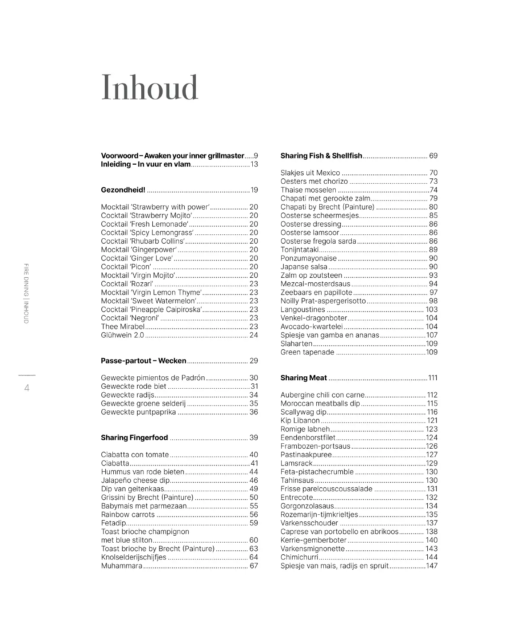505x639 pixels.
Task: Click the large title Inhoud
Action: pyautogui.click(x=150, y=87)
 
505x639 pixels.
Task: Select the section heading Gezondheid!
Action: pyautogui.click(x=123, y=190)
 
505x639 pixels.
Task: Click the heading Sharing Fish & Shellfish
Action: pyautogui.click(x=321, y=156)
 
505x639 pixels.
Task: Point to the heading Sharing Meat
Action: pyautogui.click(x=303, y=378)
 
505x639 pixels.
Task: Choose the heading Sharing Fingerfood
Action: pyautogui.click(x=134, y=438)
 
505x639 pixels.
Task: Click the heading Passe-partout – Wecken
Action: pyautogui.click(x=143, y=361)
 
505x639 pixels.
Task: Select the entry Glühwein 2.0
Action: pyautogui.click(x=122, y=335)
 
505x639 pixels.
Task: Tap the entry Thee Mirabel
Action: pyautogui.click(x=123, y=327)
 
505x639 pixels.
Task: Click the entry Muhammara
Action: pyautogui.click(x=122, y=566)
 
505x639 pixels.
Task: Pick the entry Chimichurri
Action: pyautogui.click(x=299, y=557)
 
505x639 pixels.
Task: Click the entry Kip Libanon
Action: pyautogui.click(x=300, y=420)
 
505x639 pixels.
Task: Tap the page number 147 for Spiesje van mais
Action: pyautogui.click(x=432, y=566)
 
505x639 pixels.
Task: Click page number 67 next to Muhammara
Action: pyautogui.click(x=254, y=566)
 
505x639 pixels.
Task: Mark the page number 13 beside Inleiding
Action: pyautogui.click(x=254, y=164)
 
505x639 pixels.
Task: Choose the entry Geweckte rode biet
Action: pyautogui.click(x=133, y=387)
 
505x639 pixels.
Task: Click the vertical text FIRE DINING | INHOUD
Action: pyautogui.click(x=26, y=293)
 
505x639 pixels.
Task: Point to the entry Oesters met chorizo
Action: pyautogui.click(x=314, y=181)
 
